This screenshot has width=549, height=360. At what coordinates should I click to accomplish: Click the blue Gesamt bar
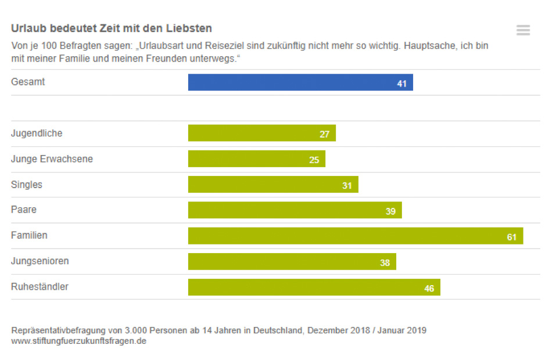tap(300, 82)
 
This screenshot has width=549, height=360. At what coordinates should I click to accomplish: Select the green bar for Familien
tap(355, 236)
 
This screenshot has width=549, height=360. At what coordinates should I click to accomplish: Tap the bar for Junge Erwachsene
tap(256, 159)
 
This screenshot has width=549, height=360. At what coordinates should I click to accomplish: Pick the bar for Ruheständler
tap(314, 287)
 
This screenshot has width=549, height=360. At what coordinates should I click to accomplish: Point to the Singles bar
tap(272, 185)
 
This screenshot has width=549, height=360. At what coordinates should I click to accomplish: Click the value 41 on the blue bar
tap(401, 84)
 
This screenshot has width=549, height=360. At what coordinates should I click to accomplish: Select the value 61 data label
tap(512, 237)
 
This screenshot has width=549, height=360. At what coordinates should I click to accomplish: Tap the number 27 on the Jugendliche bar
tap(324, 135)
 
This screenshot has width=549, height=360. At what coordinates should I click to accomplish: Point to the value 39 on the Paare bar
tap(390, 211)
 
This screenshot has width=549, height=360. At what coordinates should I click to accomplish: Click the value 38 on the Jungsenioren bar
tap(385, 262)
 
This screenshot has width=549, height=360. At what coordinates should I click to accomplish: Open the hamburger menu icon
tap(523, 30)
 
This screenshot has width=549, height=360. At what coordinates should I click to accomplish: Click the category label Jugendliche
tap(37, 134)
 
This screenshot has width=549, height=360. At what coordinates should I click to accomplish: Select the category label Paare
tap(24, 210)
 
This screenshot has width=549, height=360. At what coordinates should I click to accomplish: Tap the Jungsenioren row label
tap(40, 261)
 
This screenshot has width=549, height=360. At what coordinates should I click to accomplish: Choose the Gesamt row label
tap(28, 82)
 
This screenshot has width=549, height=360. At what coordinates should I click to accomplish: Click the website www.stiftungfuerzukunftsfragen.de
tap(78, 341)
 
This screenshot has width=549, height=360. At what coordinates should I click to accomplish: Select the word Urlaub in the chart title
tap(27, 28)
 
